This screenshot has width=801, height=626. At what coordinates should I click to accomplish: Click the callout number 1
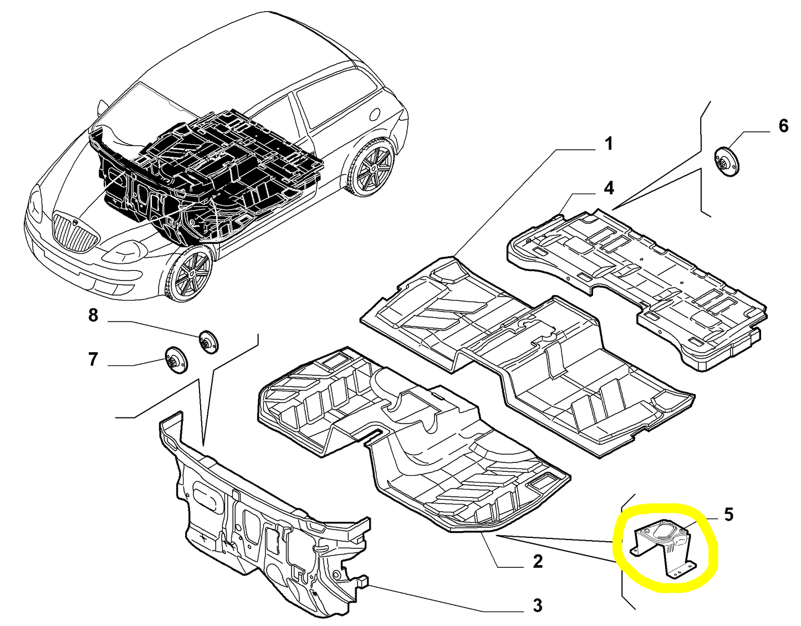pyautogui.click(x=609, y=144)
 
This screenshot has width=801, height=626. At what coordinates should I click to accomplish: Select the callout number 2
pyautogui.click(x=537, y=562)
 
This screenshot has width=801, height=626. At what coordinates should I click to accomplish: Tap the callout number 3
pyautogui.click(x=537, y=605)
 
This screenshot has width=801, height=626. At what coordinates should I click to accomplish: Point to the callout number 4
pyautogui.click(x=609, y=188)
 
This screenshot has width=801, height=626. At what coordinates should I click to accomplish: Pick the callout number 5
pyautogui.click(x=728, y=515)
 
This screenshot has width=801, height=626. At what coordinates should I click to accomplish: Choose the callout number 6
pyautogui.click(x=783, y=126)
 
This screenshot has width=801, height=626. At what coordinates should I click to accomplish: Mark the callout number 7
pyautogui.click(x=93, y=359)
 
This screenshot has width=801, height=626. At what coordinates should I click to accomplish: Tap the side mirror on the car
pyautogui.click(x=102, y=106)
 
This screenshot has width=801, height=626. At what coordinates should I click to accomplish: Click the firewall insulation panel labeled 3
pyautogui.click(x=261, y=527)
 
